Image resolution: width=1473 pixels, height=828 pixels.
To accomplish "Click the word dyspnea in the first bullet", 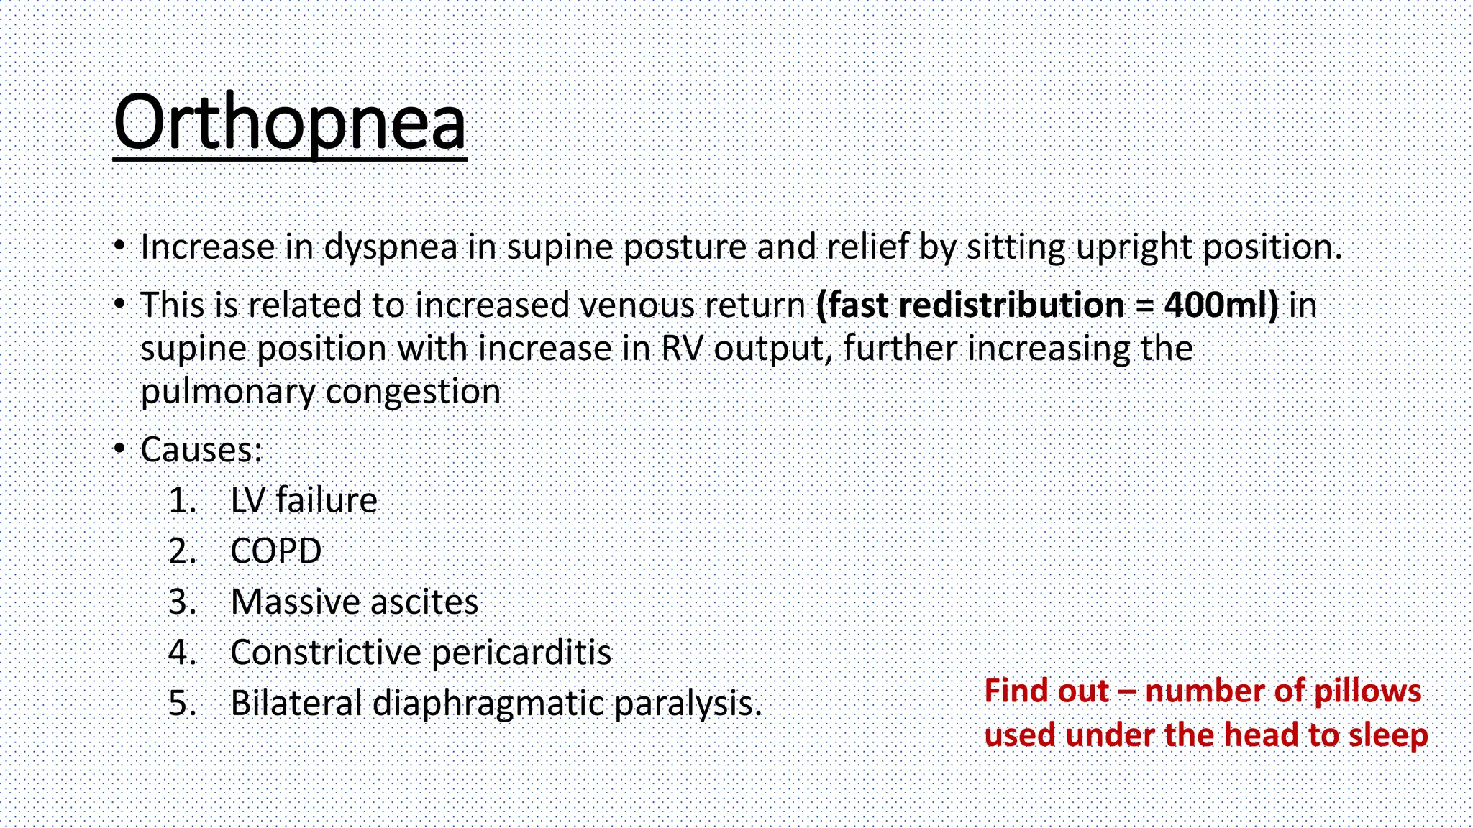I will point(391,248).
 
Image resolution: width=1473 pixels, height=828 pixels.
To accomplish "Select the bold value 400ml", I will point(1221,305).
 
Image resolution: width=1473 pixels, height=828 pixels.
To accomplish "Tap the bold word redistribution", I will point(1011,305).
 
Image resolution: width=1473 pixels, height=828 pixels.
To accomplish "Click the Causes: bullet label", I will point(201,451).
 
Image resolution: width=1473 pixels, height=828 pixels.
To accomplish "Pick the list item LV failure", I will point(304,501).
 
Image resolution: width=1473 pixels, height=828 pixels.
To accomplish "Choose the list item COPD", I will point(275,552).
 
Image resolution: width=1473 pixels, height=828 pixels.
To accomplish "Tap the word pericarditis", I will point(521,653).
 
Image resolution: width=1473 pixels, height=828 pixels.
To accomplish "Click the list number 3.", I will point(182,602).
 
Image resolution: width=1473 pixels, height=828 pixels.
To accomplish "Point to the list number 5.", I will point(182,704).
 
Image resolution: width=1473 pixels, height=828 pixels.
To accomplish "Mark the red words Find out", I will point(1046,691).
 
